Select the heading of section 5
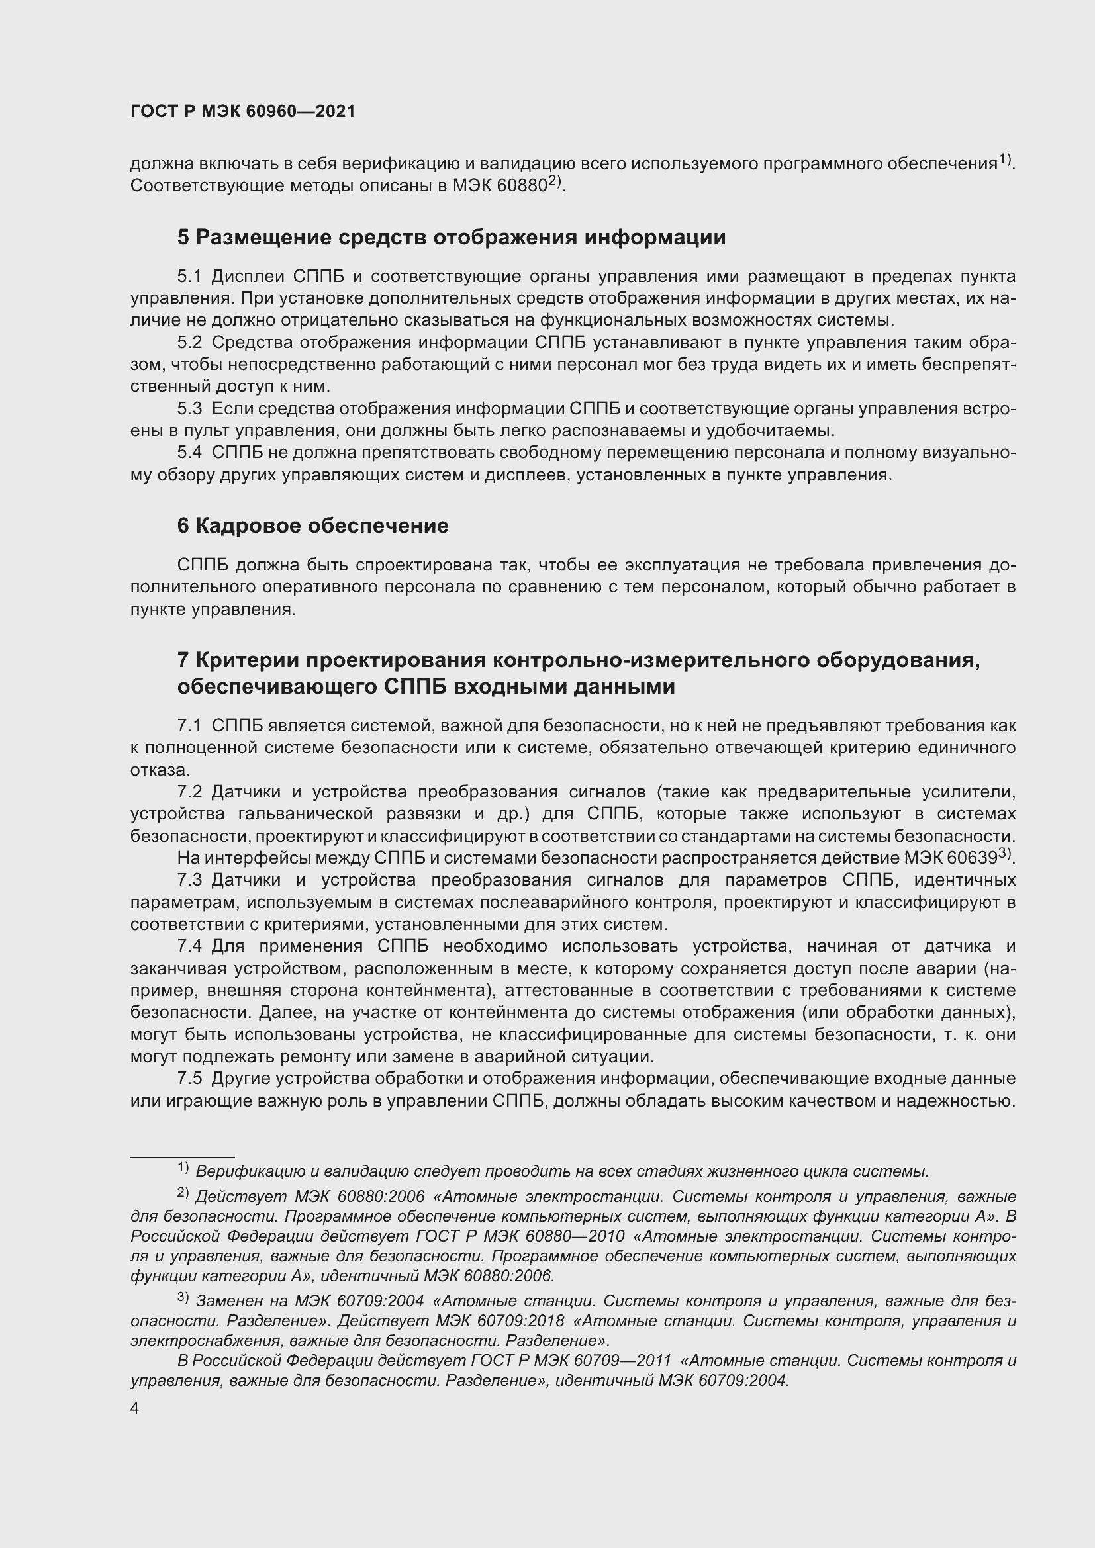[451, 238]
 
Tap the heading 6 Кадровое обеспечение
[312, 526]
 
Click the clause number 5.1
[189, 277]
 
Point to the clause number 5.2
[189, 343]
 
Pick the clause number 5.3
[189, 408]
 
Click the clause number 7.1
[189, 725]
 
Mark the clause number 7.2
[189, 792]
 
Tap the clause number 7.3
[189, 880]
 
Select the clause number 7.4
[189, 946]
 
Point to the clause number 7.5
[189, 1078]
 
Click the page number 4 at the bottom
[135, 1408]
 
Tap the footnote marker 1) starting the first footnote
[183, 1167]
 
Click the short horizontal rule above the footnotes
[182, 1157]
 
